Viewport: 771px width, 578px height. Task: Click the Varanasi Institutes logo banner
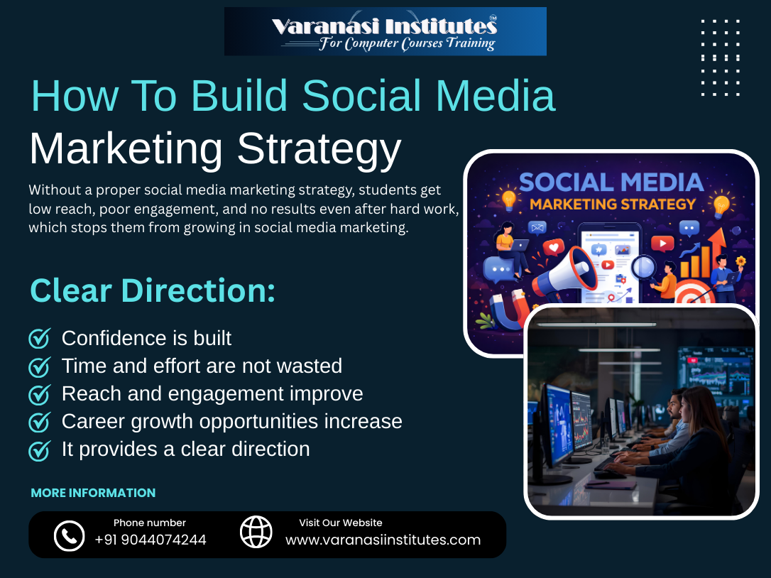coord(385,31)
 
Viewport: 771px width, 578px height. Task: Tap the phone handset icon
coord(69,535)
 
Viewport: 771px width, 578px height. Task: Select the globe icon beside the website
coord(256,532)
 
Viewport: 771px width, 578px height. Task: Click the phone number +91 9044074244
coord(151,540)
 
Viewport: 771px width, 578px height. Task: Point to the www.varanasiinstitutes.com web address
coord(383,540)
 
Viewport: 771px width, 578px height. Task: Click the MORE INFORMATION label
coord(93,493)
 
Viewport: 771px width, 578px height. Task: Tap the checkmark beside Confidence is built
coord(39,339)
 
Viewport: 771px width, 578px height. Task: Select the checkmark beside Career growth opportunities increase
coord(39,422)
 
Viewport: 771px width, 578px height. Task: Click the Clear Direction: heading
coord(152,291)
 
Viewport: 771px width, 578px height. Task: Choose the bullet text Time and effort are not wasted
coord(202,366)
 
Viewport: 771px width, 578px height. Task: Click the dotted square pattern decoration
coord(721,58)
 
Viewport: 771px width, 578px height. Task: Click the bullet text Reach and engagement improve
coord(212,393)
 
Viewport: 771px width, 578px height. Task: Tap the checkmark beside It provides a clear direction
coord(39,450)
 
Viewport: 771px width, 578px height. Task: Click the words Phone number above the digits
coord(150,523)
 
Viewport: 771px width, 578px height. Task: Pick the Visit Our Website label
coord(341,523)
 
